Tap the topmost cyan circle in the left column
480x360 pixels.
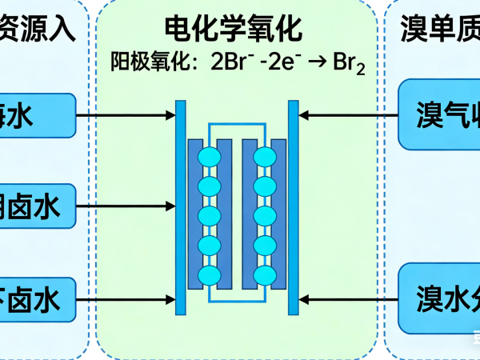point(209,158)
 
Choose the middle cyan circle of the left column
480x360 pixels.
point(209,217)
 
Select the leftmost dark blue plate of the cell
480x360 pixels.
point(194,214)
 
